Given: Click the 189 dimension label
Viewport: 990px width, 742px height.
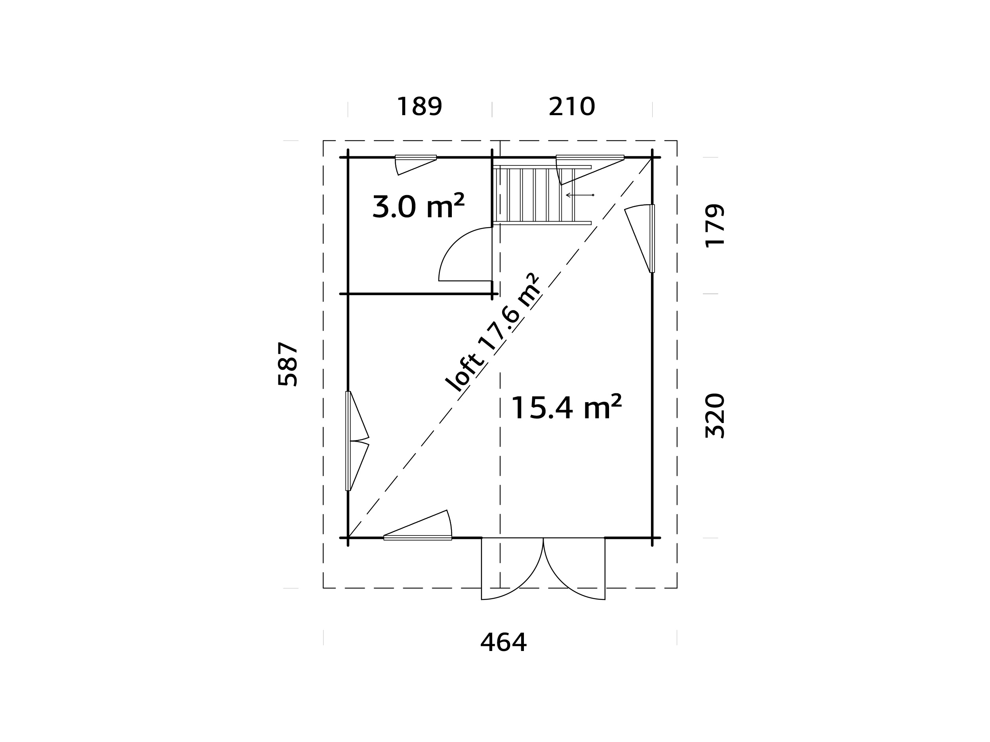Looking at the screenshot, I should [419, 107].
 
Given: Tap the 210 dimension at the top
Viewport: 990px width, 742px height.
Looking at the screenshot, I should [571, 107].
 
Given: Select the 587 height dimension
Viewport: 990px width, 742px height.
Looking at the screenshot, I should [288, 364].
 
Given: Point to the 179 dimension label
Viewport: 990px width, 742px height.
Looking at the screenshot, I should [714, 226].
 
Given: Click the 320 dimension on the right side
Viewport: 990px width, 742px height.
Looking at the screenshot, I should [714, 416].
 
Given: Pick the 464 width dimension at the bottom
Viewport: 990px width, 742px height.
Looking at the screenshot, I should [503, 643].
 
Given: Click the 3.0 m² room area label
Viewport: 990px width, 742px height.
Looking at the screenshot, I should [418, 207].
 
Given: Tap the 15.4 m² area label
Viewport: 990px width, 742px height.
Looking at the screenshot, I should [566, 408].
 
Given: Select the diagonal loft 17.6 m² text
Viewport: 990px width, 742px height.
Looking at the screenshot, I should [494, 333].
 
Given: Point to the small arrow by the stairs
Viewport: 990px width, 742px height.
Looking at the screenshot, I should [580, 195].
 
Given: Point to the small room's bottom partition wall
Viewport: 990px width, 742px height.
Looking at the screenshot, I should [419, 294].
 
